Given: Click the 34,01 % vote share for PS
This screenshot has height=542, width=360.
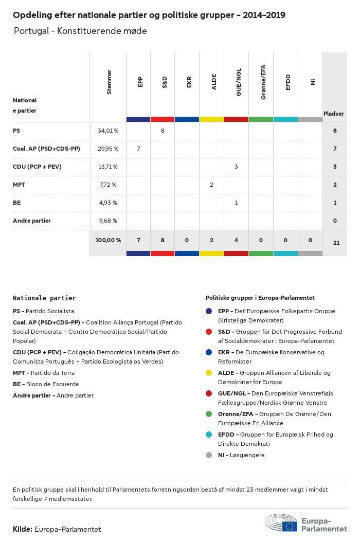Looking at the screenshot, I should (108, 131).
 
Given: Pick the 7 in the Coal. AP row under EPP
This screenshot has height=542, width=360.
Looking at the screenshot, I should (138, 149).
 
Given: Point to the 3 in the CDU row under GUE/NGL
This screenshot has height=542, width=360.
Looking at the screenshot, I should (236, 167).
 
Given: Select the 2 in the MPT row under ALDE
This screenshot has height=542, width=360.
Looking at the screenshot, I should (211, 185).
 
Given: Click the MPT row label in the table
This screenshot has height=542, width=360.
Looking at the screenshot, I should (20, 185).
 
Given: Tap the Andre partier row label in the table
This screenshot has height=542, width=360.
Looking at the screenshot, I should (32, 221).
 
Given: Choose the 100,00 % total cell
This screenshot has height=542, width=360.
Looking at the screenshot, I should (108, 240).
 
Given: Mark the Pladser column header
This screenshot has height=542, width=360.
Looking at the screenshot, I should (334, 114).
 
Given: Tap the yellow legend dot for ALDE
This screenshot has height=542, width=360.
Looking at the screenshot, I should (209, 373).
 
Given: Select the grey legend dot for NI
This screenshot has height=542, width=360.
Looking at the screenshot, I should (209, 455).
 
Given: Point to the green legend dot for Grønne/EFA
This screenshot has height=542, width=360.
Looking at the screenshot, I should (209, 414).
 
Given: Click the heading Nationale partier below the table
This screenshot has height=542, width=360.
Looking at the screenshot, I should (44, 298).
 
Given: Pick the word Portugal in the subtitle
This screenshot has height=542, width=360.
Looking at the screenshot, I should (32, 31).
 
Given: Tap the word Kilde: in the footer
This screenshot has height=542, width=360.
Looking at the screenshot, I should (23, 529).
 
